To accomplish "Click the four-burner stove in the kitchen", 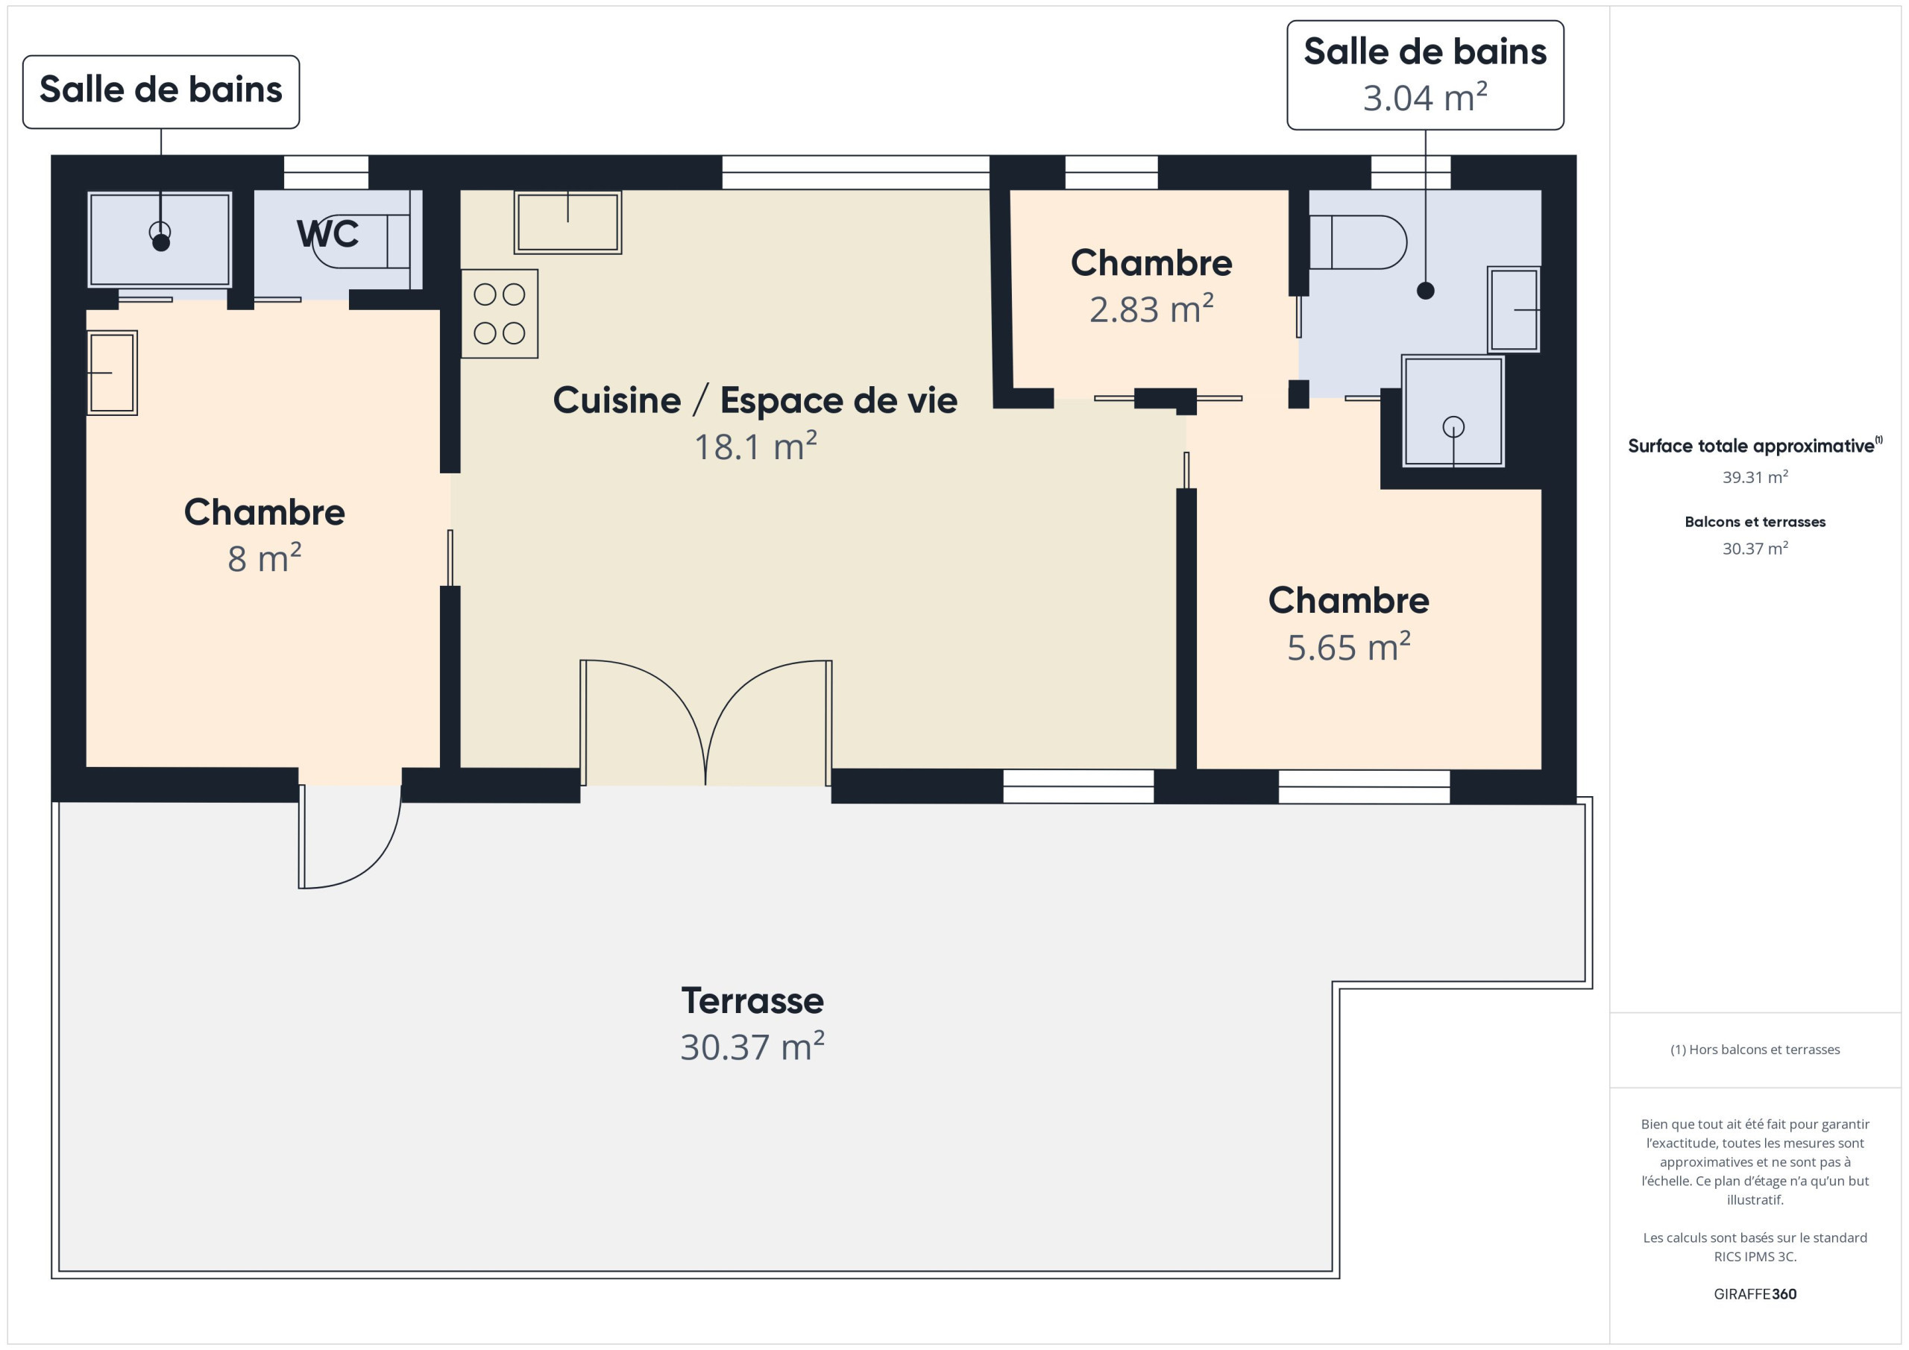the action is coord(500,313).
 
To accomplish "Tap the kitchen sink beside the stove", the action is coord(568,222).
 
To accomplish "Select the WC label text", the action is coord(327,233).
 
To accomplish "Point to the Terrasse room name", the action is coord(752,1000).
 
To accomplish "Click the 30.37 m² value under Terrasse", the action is coord(752,1047).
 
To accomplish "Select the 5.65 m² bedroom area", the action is coord(1349,647).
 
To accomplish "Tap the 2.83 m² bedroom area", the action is coord(1151,309).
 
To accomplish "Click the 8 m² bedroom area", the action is coord(265,558).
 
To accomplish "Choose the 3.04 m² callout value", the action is coord(1425,97).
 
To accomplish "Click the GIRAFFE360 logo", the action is coord(1755,1293).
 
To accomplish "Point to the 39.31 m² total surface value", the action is coord(1755,477).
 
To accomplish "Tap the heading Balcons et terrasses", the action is coord(1755,522).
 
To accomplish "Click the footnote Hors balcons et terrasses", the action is coord(1755,1049).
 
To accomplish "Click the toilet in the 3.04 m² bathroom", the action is coord(1358,242).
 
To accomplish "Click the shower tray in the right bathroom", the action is coord(1453,411).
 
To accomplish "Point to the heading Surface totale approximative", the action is coord(1751,446).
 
